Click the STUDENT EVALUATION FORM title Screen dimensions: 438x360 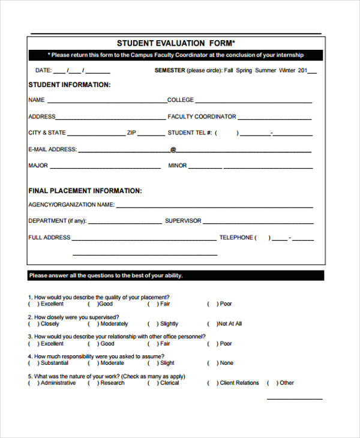(176, 43)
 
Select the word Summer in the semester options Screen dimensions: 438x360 (266, 70)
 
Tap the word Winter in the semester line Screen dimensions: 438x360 (291, 70)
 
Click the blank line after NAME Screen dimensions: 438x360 (106, 101)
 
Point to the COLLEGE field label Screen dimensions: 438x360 (181, 100)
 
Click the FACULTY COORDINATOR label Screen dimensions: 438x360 (202, 116)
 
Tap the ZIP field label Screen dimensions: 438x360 (132, 133)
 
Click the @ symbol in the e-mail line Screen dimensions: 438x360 (173, 149)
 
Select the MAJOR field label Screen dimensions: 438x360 (38, 166)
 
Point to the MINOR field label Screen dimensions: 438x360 (178, 166)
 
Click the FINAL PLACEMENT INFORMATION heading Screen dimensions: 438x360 (85, 191)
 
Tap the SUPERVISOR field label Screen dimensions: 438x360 (183, 221)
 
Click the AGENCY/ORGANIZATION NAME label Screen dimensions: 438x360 (71, 205)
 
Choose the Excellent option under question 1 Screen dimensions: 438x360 (52, 304)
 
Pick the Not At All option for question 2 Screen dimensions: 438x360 (230, 324)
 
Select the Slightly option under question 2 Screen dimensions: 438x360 (169, 324)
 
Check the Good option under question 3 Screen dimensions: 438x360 (107, 344)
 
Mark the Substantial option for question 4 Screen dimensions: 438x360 (54, 363)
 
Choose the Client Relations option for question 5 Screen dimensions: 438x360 (239, 383)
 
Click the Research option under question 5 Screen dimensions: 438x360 (112, 383)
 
